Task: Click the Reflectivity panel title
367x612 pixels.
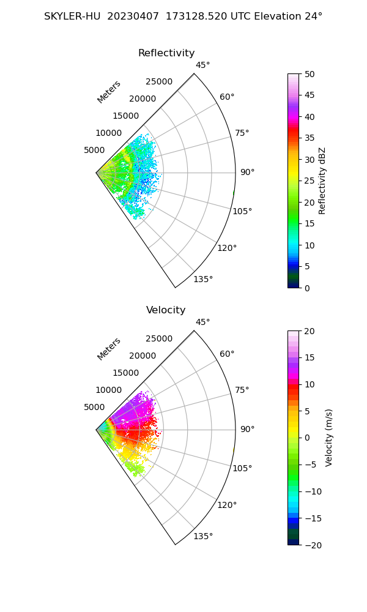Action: pyautogui.click(x=166, y=53)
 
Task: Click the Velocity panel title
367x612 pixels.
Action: pyautogui.click(x=166, y=310)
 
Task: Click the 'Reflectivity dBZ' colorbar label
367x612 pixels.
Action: pyautogui.click(x=322, y=181)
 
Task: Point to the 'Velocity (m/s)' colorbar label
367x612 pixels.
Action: pyautogui.click(x=329, y=438)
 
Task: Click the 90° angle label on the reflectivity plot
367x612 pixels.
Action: pyautogui.click(x=247, y=173)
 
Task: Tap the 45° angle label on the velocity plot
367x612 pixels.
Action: pyautogui.click(x=202, y=323)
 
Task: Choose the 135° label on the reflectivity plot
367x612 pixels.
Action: pyautogui.click(x=203, y=280)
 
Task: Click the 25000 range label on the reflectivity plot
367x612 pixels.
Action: pyautogui.click(x=159, y=82)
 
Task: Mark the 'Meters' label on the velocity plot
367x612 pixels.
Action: pyautogui.click(x=109, y=349)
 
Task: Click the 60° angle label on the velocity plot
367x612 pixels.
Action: pyautogui.click(x=227, y=354)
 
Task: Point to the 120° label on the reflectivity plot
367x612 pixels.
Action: pyautogui.click(x=227, y=248)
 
